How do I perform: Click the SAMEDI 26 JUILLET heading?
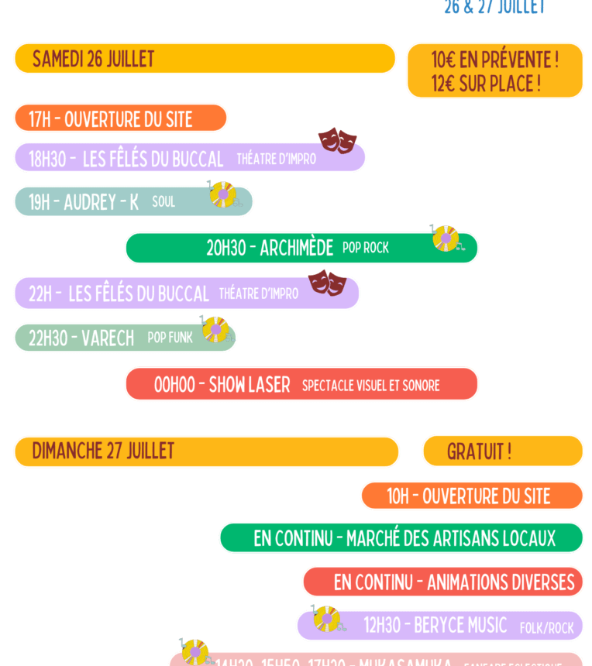(x=93, y=59)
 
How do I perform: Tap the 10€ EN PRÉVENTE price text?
(x=494, y=59)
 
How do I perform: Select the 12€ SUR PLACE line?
(x=486, y=83)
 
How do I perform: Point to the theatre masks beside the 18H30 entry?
(x=337, y=139)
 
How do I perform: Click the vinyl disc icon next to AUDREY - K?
(x=223, y=194)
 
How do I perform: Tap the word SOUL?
(x=163, y=202)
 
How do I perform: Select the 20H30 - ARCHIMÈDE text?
(x=269, y=248)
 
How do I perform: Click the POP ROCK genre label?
(x=366, y=248)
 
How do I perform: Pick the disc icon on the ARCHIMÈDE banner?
(x=446, y=238)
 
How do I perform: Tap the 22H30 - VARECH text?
(x=81, y=338)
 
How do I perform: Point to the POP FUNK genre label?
(x=170, y=338)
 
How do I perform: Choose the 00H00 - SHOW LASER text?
(x=222, y=384)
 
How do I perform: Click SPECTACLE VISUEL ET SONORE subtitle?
(x=370, y=385)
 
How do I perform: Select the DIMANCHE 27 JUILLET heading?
(x=103, y=451)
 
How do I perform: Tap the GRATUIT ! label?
(x=479, y=451)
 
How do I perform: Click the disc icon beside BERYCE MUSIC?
(x=326, y=618)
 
